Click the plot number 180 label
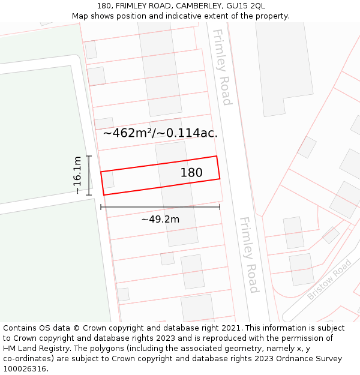191,173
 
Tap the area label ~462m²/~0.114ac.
160,133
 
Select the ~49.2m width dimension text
160,220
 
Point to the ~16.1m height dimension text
77,175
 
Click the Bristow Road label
329,280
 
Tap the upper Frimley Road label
221,67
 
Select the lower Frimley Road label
249,255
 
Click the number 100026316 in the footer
25,369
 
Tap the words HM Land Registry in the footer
35,349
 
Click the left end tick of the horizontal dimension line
101,207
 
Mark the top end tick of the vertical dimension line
89,156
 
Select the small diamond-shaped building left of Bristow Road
331,235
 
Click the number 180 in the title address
103,6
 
